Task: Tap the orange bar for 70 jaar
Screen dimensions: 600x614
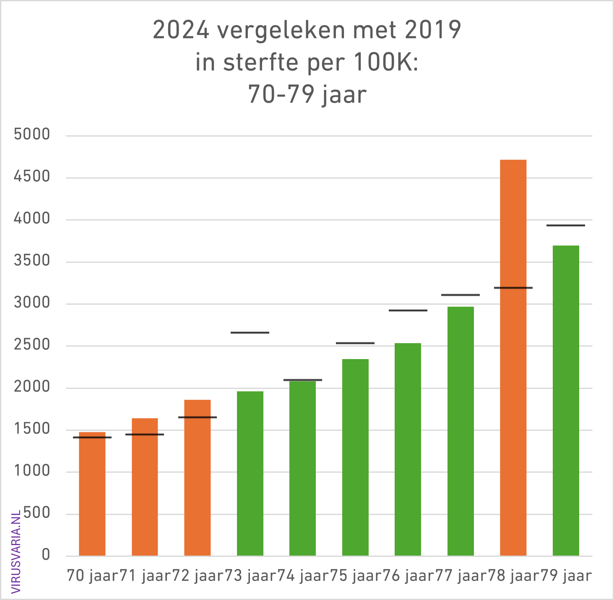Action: (92, 494)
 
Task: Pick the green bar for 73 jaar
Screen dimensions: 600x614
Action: (250, 473)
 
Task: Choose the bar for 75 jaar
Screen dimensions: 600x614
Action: (355, 457)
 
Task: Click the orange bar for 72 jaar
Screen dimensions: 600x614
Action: (197, 478)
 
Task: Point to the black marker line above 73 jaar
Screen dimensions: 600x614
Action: (250, 333)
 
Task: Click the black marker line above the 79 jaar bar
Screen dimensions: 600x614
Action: (566, 225)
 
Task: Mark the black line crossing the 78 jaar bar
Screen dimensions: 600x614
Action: (513, 288)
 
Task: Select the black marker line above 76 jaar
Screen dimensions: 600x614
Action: (408, 310)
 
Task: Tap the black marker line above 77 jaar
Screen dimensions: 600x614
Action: (460, 295)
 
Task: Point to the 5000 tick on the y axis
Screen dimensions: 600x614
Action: (32, 135)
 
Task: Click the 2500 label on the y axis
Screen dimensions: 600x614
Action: (32, 345)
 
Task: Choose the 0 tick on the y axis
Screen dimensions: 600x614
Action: (46, 556)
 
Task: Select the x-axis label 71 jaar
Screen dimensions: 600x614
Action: (146, 576)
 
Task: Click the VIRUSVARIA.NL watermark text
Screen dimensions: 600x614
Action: (16, 551)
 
